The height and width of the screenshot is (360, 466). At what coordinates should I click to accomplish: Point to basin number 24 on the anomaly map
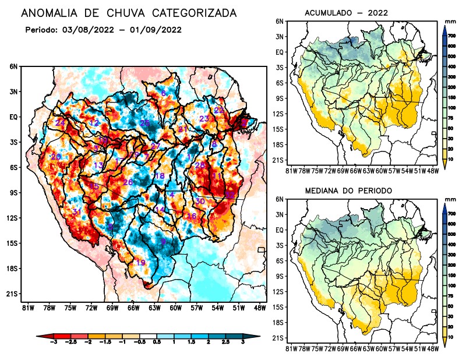pyautogui.click(x=60, y=122)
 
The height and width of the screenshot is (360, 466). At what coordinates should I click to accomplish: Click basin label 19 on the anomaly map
pyautogui.click(x=140, y=263)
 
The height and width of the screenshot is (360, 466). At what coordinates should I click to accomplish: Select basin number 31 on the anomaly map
pyautogui.click(x=76, y=211)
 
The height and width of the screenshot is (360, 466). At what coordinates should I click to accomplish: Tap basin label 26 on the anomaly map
pyautogui.click(x=128, y=182)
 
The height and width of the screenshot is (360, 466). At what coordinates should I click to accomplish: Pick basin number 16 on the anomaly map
pyautogui.click(x=191, y=216)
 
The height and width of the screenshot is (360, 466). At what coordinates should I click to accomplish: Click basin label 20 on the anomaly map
pyautogui.click(x=56, y=157)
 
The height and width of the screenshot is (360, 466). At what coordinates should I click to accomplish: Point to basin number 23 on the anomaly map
pyautogui.click(x=204, y=119)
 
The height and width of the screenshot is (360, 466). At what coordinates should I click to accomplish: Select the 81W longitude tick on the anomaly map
pyautogui.click(x=27, y=308)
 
